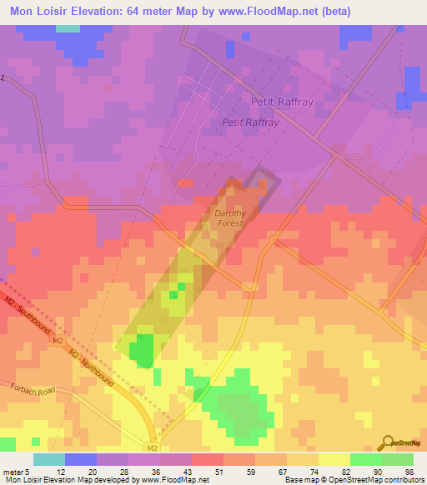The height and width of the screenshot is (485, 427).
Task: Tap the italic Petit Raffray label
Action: (249, 122)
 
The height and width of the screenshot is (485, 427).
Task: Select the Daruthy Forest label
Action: (225, 218)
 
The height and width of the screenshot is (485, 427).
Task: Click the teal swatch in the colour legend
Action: (49, 459)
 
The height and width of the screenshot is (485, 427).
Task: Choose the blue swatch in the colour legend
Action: (81, 459)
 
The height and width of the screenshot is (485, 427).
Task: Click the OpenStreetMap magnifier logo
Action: (388, 442)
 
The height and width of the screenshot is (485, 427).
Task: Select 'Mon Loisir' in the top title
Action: (38, 12)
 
